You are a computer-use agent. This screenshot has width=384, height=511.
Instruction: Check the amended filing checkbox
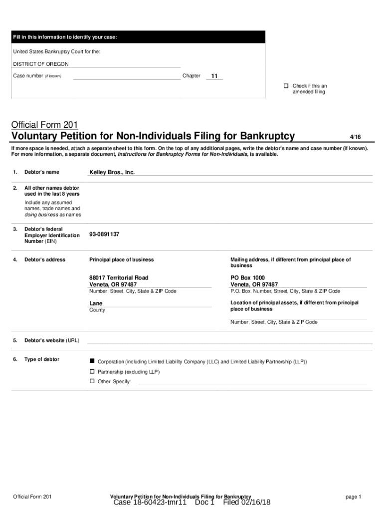click(286, 86)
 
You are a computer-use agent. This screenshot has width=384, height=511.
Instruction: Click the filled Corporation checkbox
click(92, 361)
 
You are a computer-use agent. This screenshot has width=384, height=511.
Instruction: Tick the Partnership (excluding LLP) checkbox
click(92, 372)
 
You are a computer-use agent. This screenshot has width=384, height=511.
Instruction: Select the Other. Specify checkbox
click(92, 381)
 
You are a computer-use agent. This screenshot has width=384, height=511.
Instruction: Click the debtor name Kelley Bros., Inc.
click(112, 172)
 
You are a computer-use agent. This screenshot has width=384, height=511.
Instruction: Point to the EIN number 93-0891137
click(104, 235)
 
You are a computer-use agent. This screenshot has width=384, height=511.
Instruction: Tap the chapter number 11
click(214, 76)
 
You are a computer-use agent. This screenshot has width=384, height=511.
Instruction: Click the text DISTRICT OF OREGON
click(41, 64)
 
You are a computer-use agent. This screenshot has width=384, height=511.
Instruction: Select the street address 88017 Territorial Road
click(119, 277)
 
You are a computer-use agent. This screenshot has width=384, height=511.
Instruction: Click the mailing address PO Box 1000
click(247, 277)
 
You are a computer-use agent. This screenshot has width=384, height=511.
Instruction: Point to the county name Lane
click(96, 303)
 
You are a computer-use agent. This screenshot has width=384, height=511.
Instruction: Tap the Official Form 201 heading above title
click(44, 124)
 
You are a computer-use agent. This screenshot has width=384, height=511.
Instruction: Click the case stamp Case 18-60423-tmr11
click(150, 503)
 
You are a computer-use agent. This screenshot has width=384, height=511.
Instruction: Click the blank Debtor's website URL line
click(229, 341)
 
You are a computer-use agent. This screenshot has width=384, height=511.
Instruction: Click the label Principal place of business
click(121, 259)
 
